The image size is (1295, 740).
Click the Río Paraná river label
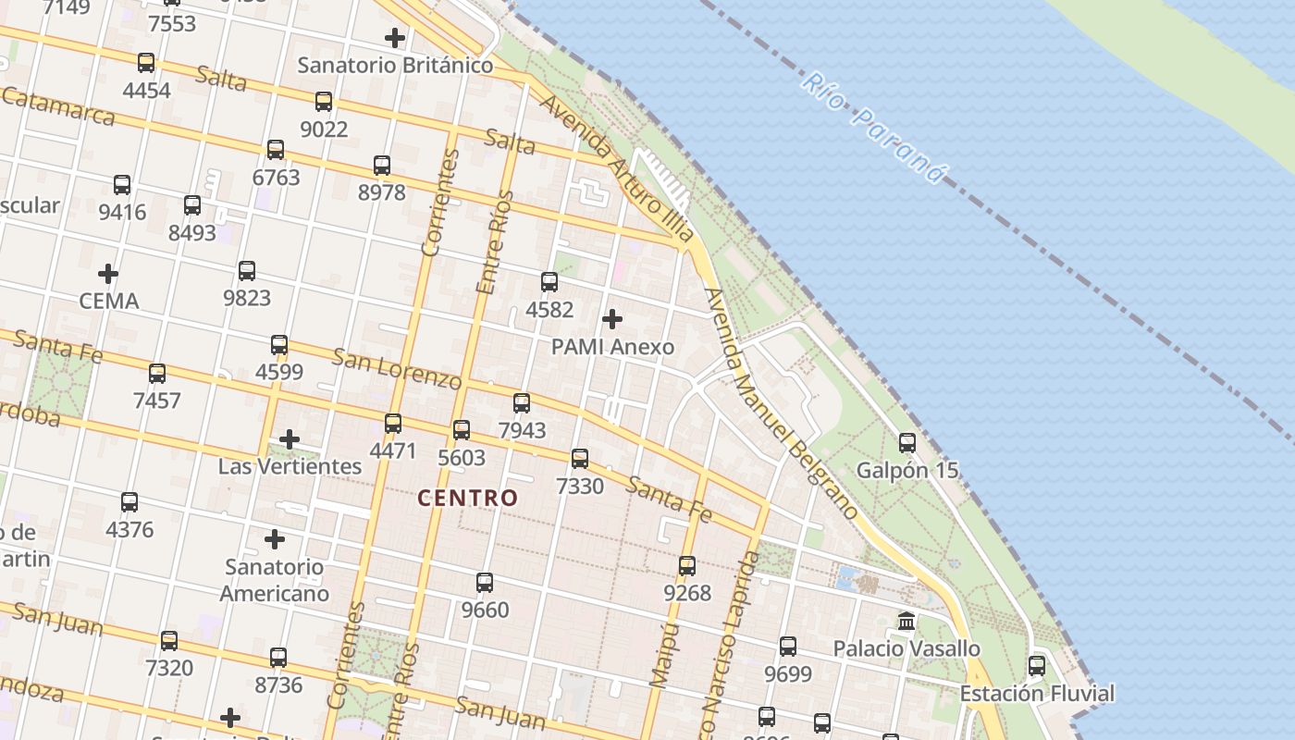click(x=874, y=128)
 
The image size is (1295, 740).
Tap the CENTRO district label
click(x=467, y=498)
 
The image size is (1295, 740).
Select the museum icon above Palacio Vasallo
click(x=906, y=622)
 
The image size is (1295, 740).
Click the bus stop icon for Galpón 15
click(x=907, y=443)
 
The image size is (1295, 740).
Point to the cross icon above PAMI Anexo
click(x=611, y=320)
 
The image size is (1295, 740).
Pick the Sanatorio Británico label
click(x=395, y=66)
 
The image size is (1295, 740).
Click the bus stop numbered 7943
click(x=522, y=403)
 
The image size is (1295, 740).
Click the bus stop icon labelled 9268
click(x=687, y=566)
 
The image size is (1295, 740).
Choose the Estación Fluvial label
click(x=1037, y=693)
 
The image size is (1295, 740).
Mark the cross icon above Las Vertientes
click(x=290, y=439)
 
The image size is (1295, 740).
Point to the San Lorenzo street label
click(x=397, y=368)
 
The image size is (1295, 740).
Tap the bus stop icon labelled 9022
click(x=324, y=102)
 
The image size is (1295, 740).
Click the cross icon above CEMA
click(x=108, y=274)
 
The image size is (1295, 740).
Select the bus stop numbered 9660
click(x=485, y=583)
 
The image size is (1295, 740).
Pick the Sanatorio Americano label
click(x=274, y=580)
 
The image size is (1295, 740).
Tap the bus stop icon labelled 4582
click(x=549, y=282)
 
